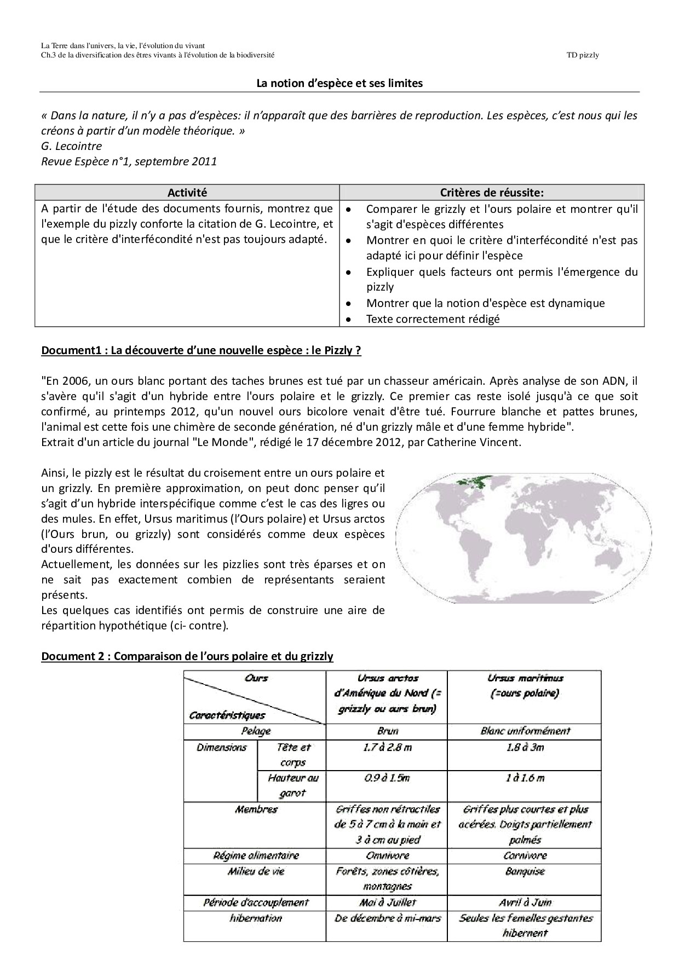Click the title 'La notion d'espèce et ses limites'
pyautogui.click(x=339, y=83)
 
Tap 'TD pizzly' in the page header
pyautogui.click(x=583, y=55)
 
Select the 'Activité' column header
pyautogui.click(x=187, y=192)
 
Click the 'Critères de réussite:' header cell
pyautogui.click(x=492, y=192)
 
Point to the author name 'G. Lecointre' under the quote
pyautogui.click(x=71, y=146)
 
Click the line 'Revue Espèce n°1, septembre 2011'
pyautogui.click(x=129, y=161)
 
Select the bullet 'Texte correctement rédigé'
pyautogui.click(x=433, y=319)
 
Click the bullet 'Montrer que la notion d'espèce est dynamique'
pyautogui.click(x=485, y=303)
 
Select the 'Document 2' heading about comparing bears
pyautogui.click(x=187, y=656)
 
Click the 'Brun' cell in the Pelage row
pyautogui.click(x=387, y=731)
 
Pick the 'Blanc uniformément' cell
pyautogui.click(x=525, y=731)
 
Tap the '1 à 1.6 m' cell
pyautogui.click(x=525, y=778)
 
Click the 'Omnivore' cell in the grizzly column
pyautogui.click(x=387, y=855)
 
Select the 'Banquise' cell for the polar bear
pyautogui.click(x=525, y=871)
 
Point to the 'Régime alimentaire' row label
pyautogui.click(x=256, y=855)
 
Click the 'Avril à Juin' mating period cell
pyautogui.click(x=525, y=903)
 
